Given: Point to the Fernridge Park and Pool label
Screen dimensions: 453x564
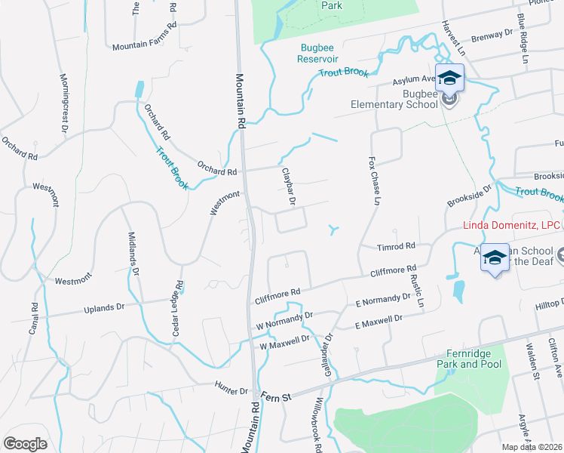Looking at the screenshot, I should click(468, 359).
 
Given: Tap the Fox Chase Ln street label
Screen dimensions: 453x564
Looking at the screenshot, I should click(372, 181).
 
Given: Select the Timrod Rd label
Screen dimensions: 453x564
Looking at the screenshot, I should click(397, 246).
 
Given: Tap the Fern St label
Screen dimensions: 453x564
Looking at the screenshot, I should click(275, 396).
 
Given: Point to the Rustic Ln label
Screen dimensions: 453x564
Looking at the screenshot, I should click(417, 289).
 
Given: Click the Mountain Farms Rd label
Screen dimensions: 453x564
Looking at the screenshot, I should click(144, 46).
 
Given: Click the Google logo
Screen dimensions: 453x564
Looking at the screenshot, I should click(25, 443).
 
